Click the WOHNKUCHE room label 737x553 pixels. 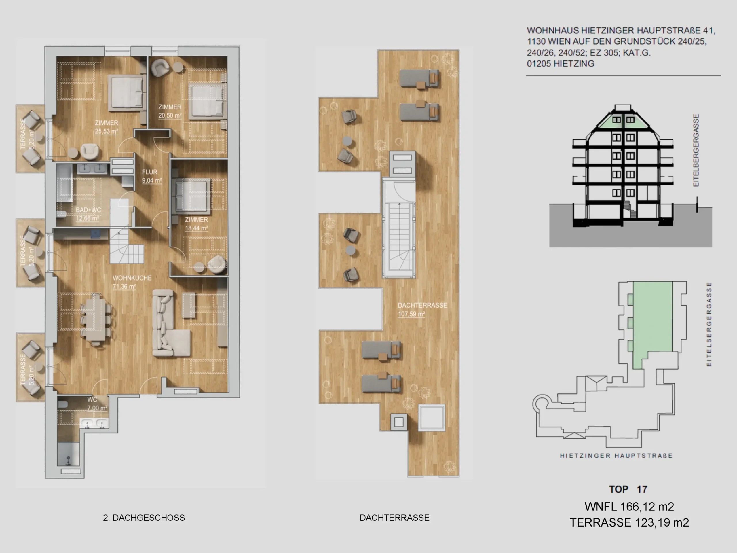coord(132,278)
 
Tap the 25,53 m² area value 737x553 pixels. coord(107,131)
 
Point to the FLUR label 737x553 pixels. coord(150,172)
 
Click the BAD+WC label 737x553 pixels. coord(88,210)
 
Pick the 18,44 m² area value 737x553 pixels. coord(197,228)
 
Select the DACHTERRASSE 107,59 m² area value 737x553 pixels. coord(411,314)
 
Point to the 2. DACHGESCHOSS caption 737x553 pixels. coord(144,518)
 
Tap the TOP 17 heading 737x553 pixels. coord(628,489)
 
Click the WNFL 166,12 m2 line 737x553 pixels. coord(629,507)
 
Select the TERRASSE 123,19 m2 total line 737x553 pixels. coord(629,522)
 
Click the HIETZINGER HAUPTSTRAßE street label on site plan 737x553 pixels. coord(616,456)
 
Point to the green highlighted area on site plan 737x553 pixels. coord(652,317)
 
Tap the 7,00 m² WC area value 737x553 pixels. coord(97,408)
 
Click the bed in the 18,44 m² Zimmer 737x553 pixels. coord(191,197)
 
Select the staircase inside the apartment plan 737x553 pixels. coord(127,247)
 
